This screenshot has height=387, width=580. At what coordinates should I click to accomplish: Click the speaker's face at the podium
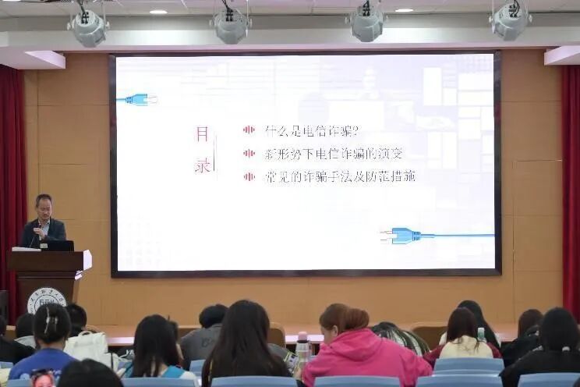pyautogui.click(x=44, y=208)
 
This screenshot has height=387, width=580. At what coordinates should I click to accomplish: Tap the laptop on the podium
pyautogui.click(x=59, y=245)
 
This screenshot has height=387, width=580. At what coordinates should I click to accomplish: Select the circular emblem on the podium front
pyautogui.click(x=46, y=300)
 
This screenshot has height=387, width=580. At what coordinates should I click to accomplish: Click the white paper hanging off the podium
pyautogui.click(x=87, y=260)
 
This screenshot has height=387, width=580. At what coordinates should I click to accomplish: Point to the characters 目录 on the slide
pyautogui.click(x=202, y=150)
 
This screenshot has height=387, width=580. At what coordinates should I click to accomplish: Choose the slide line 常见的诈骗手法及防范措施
pyautogui.click(x=340, y=176)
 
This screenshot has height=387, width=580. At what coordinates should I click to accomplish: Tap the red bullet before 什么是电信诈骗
pyautogui.click(x=249, y=130)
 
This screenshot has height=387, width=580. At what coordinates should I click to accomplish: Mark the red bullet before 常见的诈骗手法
pyautogui.click(x=249, y=176)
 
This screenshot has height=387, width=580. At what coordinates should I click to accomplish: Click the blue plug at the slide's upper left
pyautogui.click(x=139, y=99)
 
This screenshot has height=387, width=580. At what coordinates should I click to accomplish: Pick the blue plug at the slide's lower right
pyautogui.click(x=404, y=236)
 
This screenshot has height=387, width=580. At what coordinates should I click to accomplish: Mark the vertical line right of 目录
pyautogui.click(x=216, y=151)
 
